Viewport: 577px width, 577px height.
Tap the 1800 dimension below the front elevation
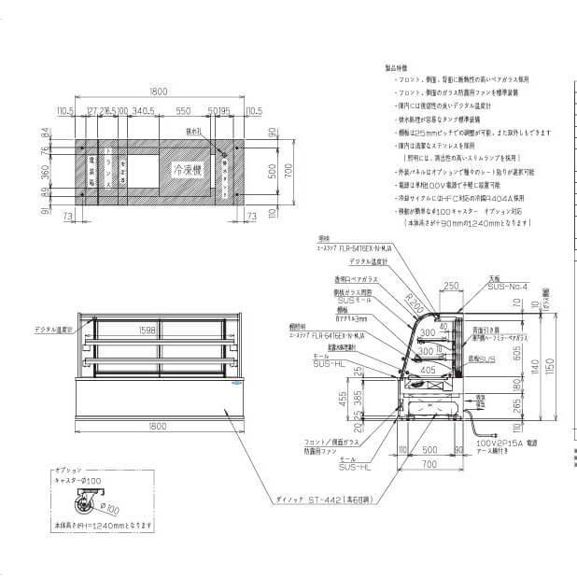(157, 426)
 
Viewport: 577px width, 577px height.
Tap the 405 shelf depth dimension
(429, 369)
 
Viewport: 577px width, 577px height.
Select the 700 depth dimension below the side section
(428, 464)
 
